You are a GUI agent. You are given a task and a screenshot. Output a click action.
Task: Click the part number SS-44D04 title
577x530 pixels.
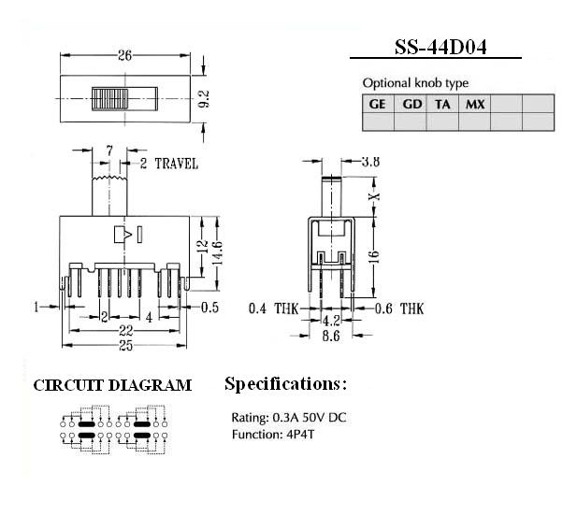coord(440,48)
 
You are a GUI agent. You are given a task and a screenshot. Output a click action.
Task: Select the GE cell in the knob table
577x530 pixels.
coord(378,104)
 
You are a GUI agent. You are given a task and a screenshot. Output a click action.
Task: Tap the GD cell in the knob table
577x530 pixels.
coord(411,104)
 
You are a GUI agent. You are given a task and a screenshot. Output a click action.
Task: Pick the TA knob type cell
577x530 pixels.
coord(442,104)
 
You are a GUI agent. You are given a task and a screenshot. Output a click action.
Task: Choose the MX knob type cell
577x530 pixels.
coord(475,104)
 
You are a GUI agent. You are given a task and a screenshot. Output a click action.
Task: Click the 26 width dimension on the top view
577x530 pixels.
coord(124,55)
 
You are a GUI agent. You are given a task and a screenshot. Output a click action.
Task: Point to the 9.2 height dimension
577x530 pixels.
coord(204,98)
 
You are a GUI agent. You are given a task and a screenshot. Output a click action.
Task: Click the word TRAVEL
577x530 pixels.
coord(176,164)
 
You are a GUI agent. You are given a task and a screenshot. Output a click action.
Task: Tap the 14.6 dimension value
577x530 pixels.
coord(217,252)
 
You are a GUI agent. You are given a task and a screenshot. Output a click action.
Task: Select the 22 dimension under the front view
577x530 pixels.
coord(125,331)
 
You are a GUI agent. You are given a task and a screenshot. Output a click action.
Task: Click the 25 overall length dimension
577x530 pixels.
coord(125,346)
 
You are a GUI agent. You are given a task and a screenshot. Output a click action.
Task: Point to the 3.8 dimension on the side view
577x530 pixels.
coord(370,161)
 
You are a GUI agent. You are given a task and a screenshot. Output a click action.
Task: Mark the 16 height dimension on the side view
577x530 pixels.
coord(373,256)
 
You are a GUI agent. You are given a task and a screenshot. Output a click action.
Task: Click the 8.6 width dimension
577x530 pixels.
coord(331,336)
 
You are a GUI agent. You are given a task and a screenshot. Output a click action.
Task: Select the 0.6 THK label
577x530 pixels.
coord(399,309)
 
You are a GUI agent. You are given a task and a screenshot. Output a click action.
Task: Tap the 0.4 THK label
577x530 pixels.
coord(273,308)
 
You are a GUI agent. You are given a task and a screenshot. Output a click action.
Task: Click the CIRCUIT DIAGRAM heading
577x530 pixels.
coord(112,385)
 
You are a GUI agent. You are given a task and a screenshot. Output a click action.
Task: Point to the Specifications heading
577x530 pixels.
coord(285,384)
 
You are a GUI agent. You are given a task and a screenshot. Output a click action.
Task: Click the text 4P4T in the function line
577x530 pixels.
coord(300,435)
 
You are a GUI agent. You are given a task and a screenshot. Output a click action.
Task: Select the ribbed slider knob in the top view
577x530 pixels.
coord(110,99)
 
